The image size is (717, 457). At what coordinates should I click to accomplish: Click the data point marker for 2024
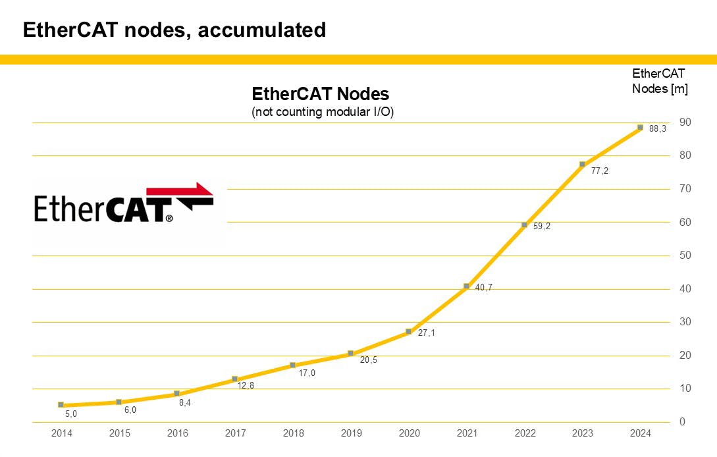[640, 127]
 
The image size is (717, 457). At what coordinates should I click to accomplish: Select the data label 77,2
[599, 171]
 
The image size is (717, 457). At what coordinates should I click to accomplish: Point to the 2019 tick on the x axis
[351, 433]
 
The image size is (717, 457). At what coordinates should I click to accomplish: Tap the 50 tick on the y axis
[685, 255]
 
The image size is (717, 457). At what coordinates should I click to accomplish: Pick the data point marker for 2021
[466, 286]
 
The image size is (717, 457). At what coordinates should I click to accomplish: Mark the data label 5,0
[71, 414]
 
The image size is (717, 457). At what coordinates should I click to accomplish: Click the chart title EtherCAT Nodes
[321, 94]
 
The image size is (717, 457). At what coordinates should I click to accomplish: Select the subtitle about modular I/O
[323, 112]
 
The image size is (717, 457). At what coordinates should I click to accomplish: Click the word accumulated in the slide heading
[270, 30]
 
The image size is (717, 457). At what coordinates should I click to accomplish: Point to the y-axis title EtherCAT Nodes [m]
[659, 81]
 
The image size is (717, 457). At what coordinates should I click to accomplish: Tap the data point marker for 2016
[176, 393]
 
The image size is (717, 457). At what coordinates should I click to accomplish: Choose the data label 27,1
[426, 333]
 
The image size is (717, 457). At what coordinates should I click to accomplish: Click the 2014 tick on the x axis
[62, 433]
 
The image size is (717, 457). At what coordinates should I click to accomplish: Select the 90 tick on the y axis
[685, 122]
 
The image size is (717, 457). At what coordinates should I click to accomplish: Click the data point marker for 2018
[292, 365]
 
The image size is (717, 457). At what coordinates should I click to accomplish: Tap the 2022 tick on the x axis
[525, 433]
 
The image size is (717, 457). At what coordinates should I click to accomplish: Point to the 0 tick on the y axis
[683, 422]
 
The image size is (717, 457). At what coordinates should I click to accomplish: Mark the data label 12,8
[246, 385]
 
